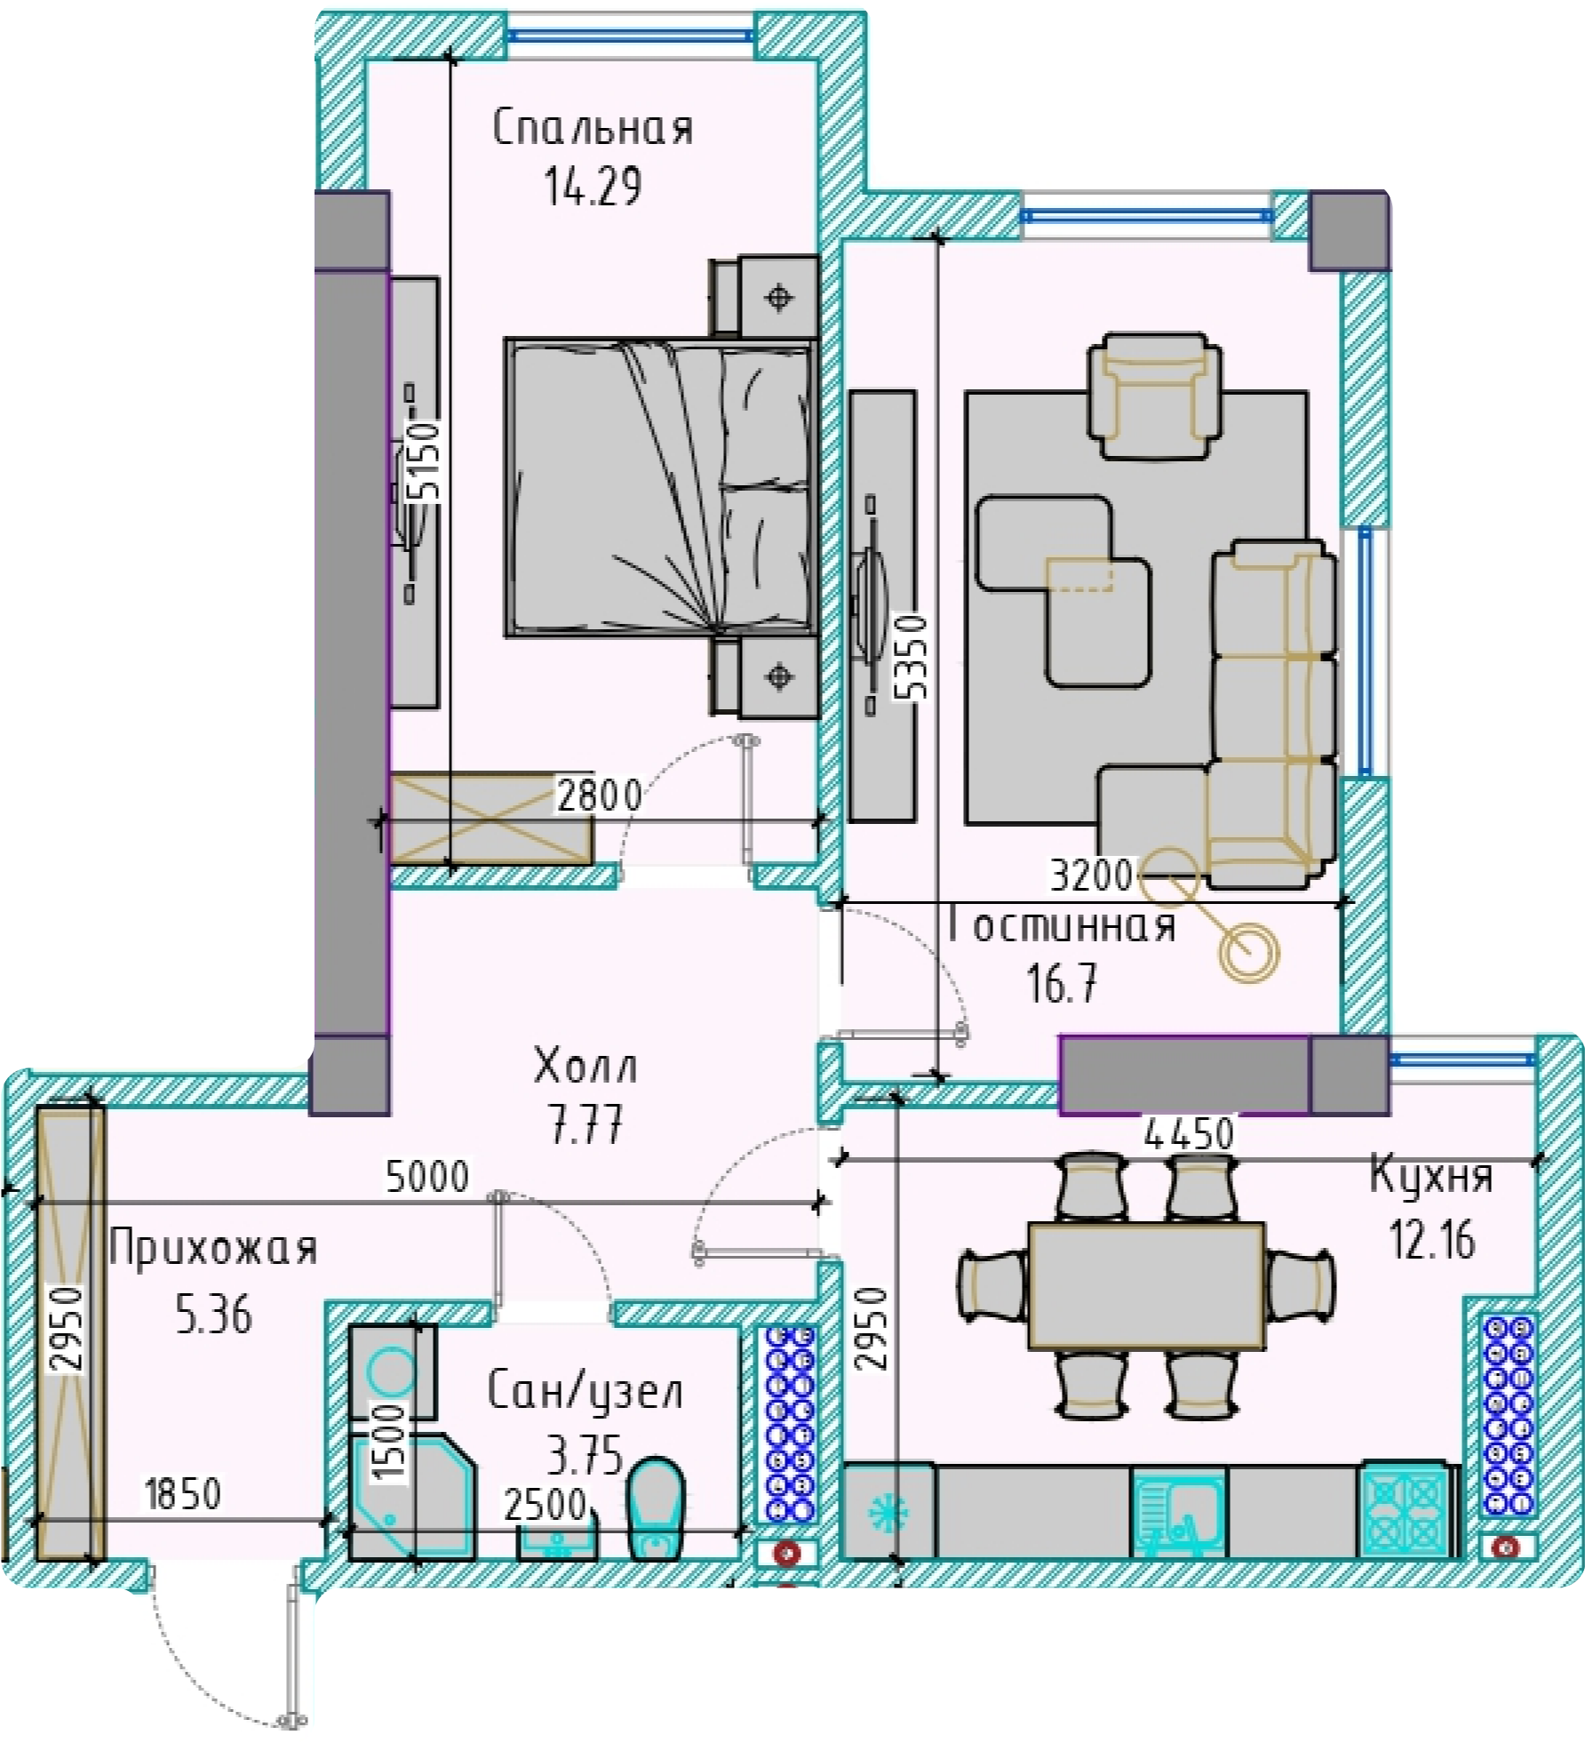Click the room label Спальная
[x=593, y=127]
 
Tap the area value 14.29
[x=593, y=187]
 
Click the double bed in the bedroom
[x=661, y=487]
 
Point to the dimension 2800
[x=599, y=795]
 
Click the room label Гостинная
[x=1062, y=926]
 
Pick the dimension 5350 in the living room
[x=911, y=657]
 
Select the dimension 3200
[x=1092, y=875]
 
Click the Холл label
[x=585, y=1065]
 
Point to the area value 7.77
[x=586, y=1123]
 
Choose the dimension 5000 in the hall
[x=426, y=1176]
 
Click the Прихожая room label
[x=213, y=1248]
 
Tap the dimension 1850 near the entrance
[x=182, y=1494]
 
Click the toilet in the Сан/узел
[x=656, y=1507]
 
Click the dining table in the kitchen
[x=1146, y=1285]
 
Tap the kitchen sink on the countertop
[x=1178, y=1513]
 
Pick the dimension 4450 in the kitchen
[x=1189, y=1133]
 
